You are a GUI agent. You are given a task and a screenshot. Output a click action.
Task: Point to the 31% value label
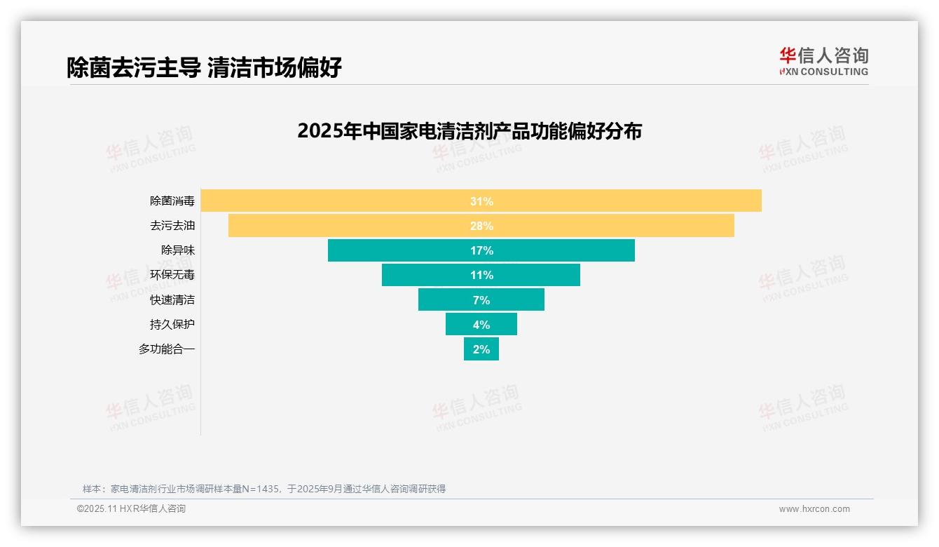[481, 201]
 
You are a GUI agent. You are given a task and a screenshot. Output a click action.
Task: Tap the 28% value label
[481, 226]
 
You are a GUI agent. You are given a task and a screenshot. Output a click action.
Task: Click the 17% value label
[481, 250]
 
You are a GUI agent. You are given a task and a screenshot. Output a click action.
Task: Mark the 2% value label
[481, 349]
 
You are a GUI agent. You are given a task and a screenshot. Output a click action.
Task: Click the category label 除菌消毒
[172, 201]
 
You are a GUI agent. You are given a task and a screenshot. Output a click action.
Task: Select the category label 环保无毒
[172, 275]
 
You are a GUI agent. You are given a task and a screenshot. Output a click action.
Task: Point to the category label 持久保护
[172, 325]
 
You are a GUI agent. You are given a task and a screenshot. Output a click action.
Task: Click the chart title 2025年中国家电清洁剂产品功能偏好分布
[469, 131]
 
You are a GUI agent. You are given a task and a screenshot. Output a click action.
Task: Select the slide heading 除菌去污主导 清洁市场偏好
[204, 68]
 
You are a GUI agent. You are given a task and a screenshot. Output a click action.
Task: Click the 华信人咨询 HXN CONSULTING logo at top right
[823, 61]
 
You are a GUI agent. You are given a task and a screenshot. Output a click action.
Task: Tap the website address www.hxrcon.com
[814, 509]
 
